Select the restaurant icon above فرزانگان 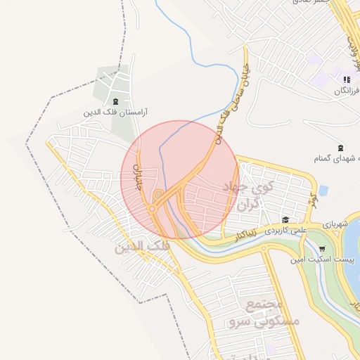346,79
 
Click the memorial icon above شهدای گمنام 341,148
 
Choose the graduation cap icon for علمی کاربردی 286,219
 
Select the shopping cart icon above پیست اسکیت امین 322,249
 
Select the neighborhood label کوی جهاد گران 246,195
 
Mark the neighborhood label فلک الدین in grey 140,246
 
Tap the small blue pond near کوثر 323,190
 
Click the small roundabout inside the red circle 152,209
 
